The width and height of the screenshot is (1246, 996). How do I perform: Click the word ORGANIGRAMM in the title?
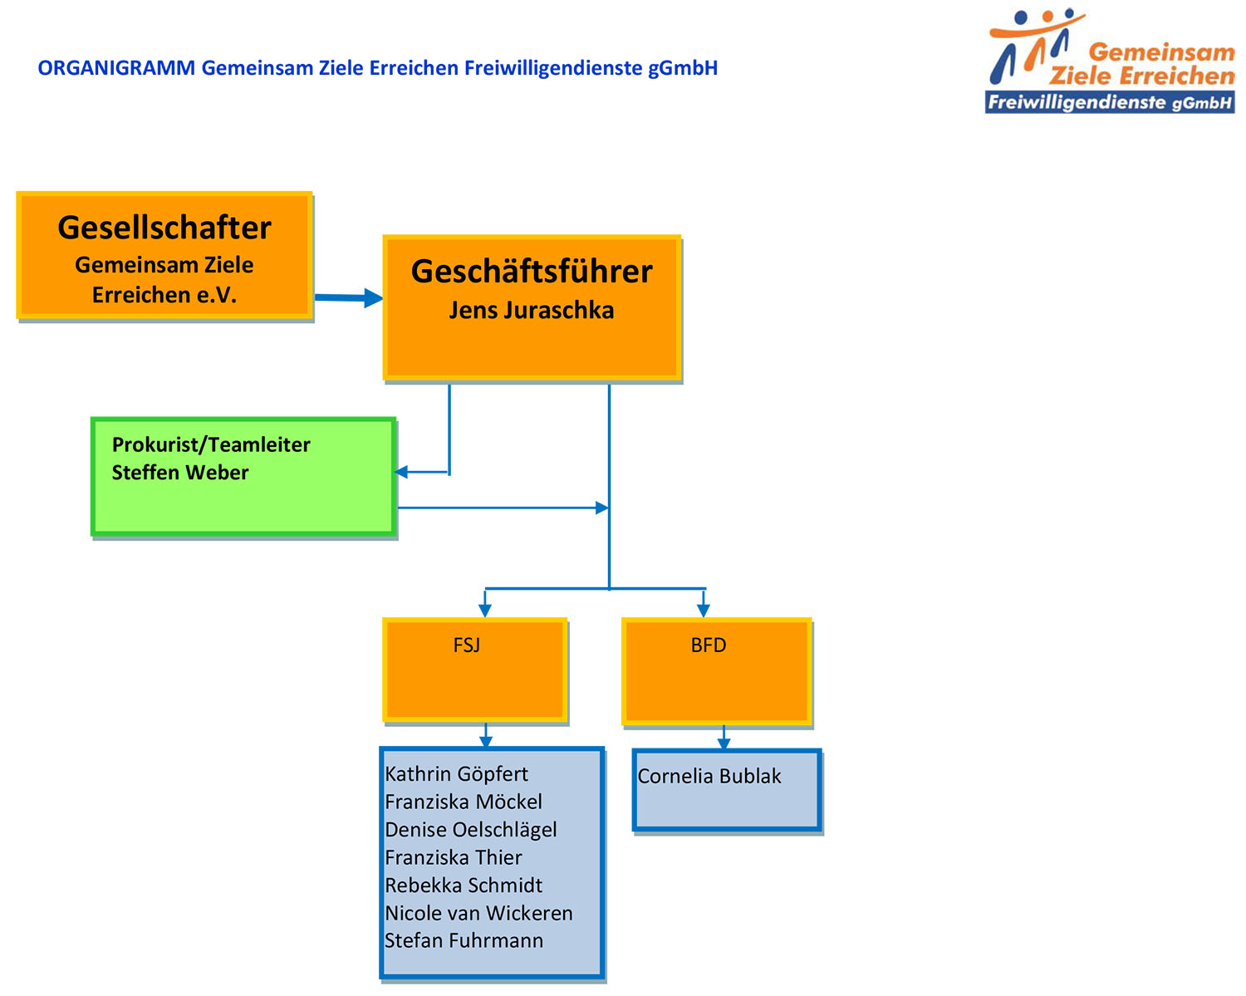pos(116,68)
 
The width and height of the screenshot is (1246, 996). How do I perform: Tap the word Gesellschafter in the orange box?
pos(164,227)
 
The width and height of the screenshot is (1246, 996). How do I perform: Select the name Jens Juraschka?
pos(532,311)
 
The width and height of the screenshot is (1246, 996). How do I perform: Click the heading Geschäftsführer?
pos(532,271)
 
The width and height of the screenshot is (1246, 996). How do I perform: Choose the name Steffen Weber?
pos(180,473)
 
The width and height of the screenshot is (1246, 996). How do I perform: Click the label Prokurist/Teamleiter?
pos(211,444)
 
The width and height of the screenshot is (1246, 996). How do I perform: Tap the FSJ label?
pos(467,645)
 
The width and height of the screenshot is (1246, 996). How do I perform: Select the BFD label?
pos(708,645)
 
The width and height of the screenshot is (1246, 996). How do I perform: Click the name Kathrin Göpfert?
pos(456,774)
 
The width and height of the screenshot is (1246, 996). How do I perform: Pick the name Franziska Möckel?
pos(464,802)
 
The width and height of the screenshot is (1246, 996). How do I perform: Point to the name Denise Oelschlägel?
pos(471,830)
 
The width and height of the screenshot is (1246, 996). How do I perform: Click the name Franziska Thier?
pos(454,857)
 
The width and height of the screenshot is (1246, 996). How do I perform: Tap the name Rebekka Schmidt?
pos(464,886)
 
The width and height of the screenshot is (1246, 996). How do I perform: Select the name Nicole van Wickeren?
pos(478,913)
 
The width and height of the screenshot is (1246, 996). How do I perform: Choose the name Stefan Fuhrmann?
pos(464,940)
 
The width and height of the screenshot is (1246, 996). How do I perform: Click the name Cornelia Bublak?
pos(709,776)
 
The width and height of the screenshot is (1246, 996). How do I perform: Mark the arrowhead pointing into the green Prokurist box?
pos(401,472)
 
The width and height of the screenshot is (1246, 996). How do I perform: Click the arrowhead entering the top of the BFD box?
pos(704,611)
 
